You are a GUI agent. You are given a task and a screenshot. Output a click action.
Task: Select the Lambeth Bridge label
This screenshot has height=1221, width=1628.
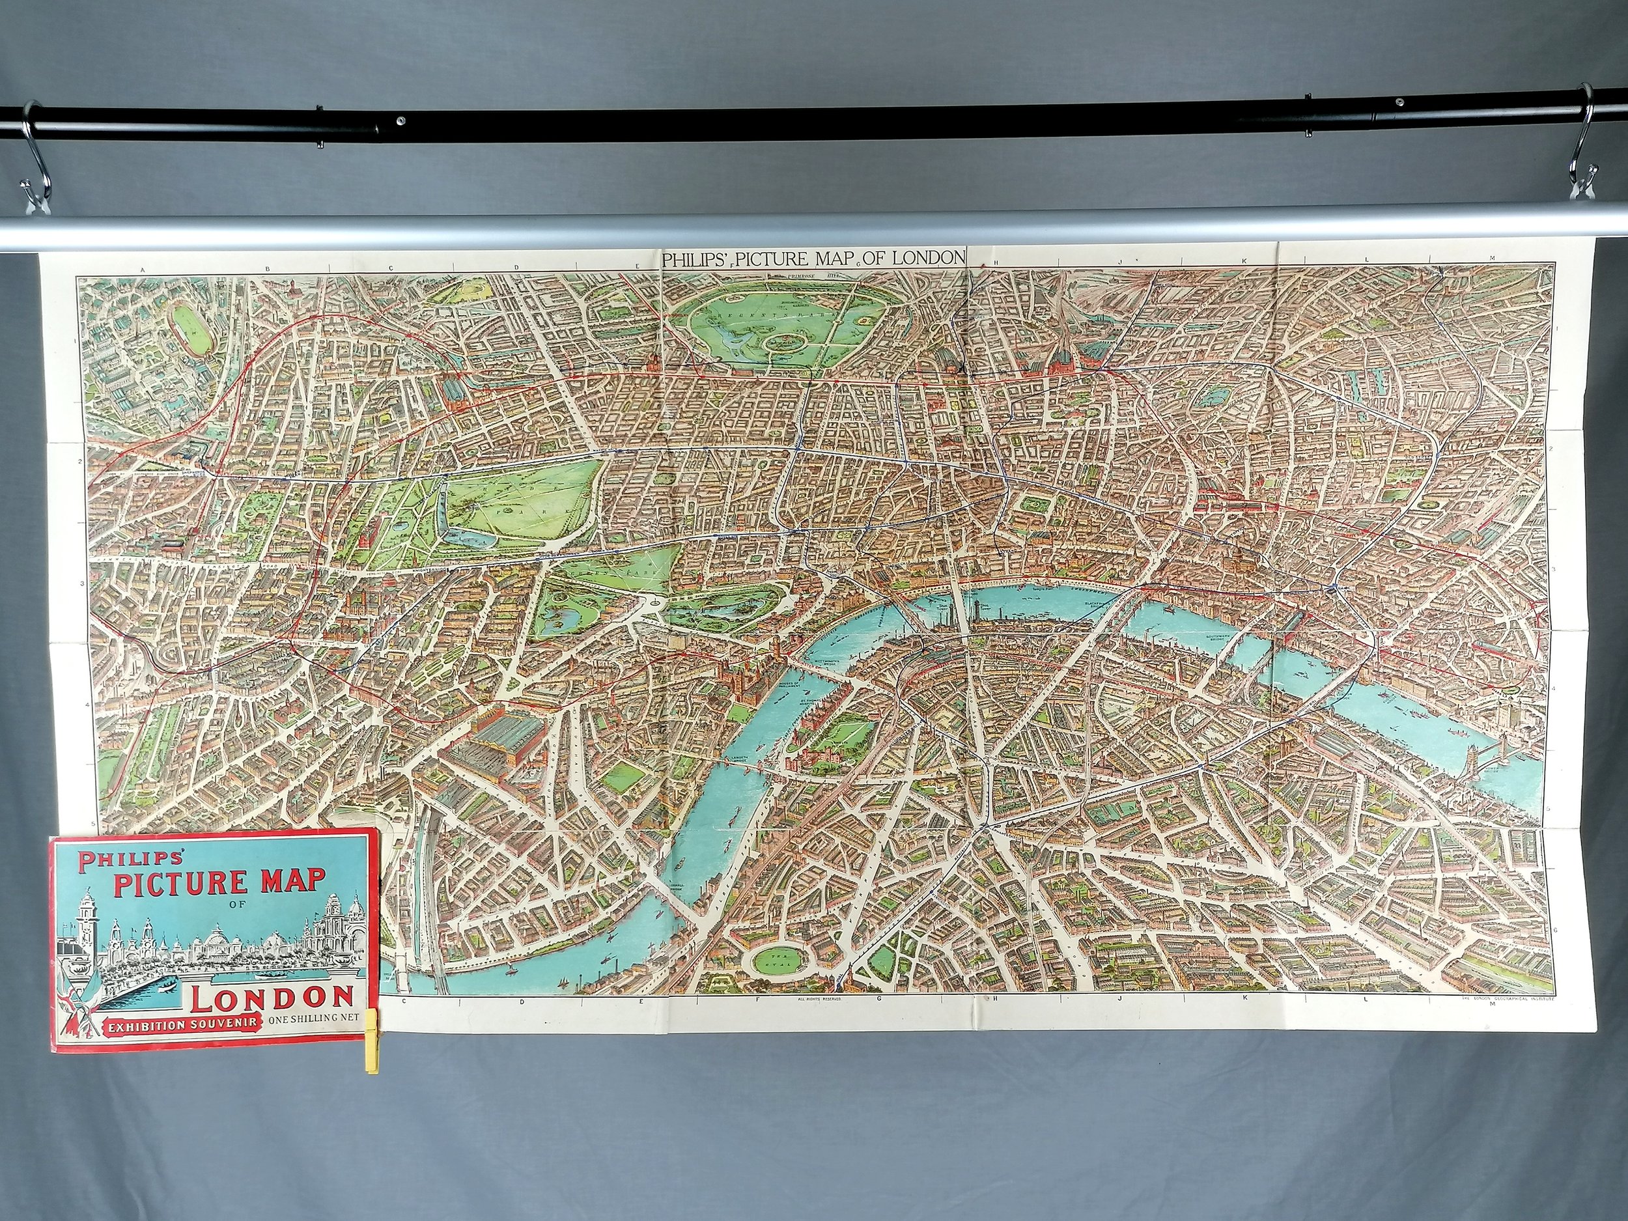coord(739,759)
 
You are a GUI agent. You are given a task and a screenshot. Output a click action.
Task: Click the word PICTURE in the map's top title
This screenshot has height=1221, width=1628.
coord(782,259)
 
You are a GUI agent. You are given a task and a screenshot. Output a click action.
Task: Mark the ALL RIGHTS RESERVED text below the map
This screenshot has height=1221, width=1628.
coord(818,999)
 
